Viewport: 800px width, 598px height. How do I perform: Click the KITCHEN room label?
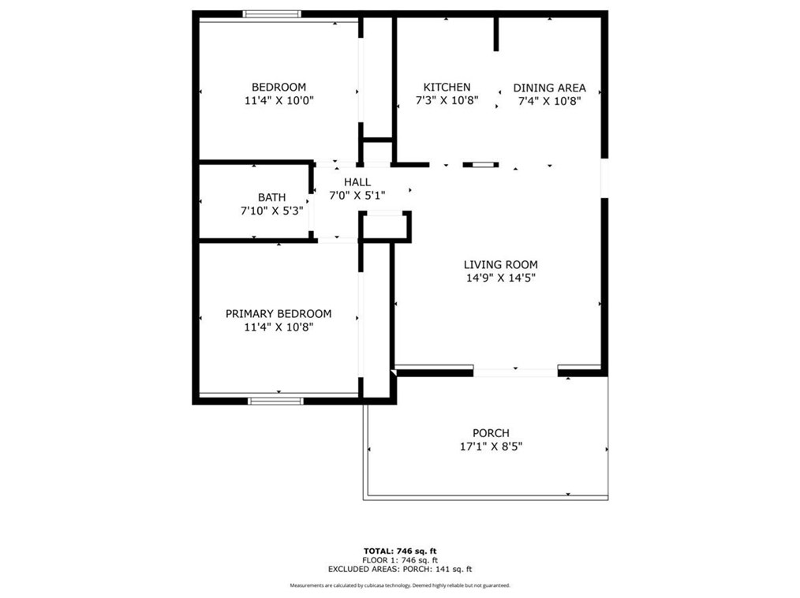coord(447,87)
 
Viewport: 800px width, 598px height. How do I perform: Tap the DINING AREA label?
coord(549,88)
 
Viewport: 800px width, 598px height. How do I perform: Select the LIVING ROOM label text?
coord(500,264)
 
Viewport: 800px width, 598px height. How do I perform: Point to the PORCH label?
coord(491,432)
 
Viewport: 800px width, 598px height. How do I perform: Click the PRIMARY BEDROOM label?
coord(279,313)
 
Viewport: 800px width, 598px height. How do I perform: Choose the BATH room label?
coord(271,197)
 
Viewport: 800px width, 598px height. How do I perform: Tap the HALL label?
coord(357,181)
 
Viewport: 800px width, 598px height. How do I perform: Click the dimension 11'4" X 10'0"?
coord(279,100)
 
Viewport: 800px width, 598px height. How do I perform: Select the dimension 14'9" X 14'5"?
coord(500,278)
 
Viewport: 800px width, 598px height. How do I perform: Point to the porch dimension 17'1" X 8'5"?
coord(491,446)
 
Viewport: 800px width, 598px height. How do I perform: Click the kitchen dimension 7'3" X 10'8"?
coord(447,100)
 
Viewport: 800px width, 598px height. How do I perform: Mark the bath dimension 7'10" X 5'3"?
coord(271,211)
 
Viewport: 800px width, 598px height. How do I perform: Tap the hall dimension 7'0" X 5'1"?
coord(357,195)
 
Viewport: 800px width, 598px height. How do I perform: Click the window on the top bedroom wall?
coord(271,13)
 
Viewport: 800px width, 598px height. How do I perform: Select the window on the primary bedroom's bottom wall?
coord(275,401)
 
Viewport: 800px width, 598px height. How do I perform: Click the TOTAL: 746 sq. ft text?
coord(400,551)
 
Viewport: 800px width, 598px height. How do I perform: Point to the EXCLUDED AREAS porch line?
coord(400,569)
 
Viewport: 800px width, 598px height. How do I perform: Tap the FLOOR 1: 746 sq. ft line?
coord(400,560)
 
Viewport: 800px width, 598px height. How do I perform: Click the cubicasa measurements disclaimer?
coord(400,585)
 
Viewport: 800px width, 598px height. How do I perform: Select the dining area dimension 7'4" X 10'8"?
coord(549,100)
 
